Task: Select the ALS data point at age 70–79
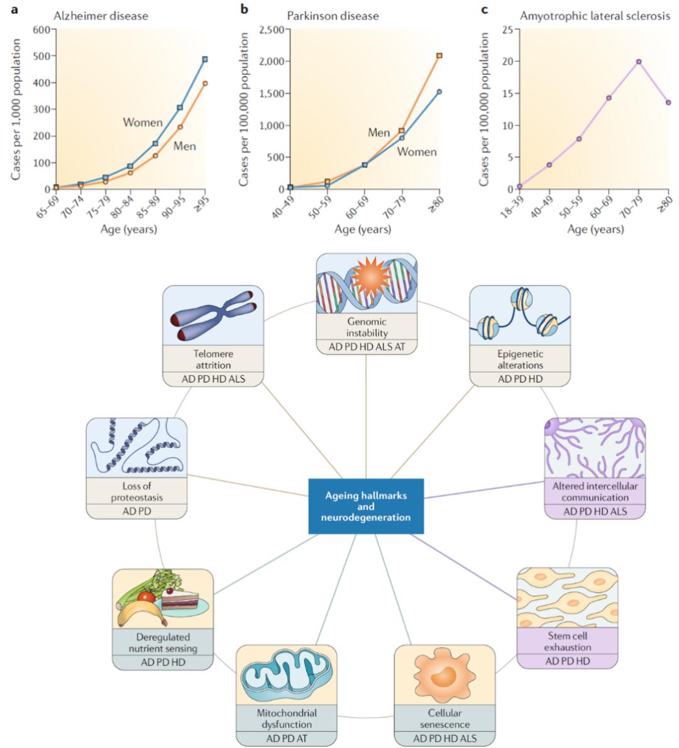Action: pos(638,62)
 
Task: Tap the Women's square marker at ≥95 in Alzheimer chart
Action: pos(205,60)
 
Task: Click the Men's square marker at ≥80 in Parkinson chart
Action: pos(439,55)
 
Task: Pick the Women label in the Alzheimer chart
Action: pos(143,122)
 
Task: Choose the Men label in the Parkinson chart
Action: pos(379,132)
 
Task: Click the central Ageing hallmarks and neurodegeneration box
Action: pos(366,506)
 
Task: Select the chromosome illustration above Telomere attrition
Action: pos(213,316)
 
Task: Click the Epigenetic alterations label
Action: pos(520,359)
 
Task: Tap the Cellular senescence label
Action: pos(444,718)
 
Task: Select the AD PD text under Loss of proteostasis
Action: pos(136,511)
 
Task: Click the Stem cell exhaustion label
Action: pos(568,641)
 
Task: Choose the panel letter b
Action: pos(245,9)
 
